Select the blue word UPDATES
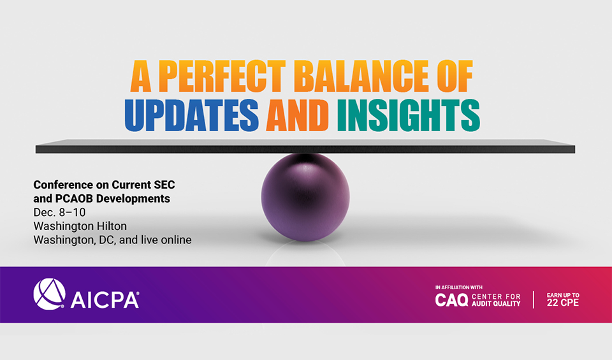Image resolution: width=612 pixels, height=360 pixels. point(191,115)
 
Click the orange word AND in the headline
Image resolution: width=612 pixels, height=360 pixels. point(298,115)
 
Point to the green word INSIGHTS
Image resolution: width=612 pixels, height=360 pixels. point(408,115)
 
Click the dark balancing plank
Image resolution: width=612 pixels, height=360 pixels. point(305,148)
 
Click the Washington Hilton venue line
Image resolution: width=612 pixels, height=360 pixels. point(80,226)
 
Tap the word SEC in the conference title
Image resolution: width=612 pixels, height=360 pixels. point(161,184)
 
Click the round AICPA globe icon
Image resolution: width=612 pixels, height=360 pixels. point(49,295)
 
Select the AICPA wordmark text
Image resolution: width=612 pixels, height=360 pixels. point(104,300)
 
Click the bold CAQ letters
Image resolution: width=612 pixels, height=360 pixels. point(451,299)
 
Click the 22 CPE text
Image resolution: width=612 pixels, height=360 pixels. point(563,303)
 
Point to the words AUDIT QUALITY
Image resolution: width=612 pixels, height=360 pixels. point(497,304)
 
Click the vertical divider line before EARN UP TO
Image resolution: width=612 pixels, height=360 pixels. point(534,299)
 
